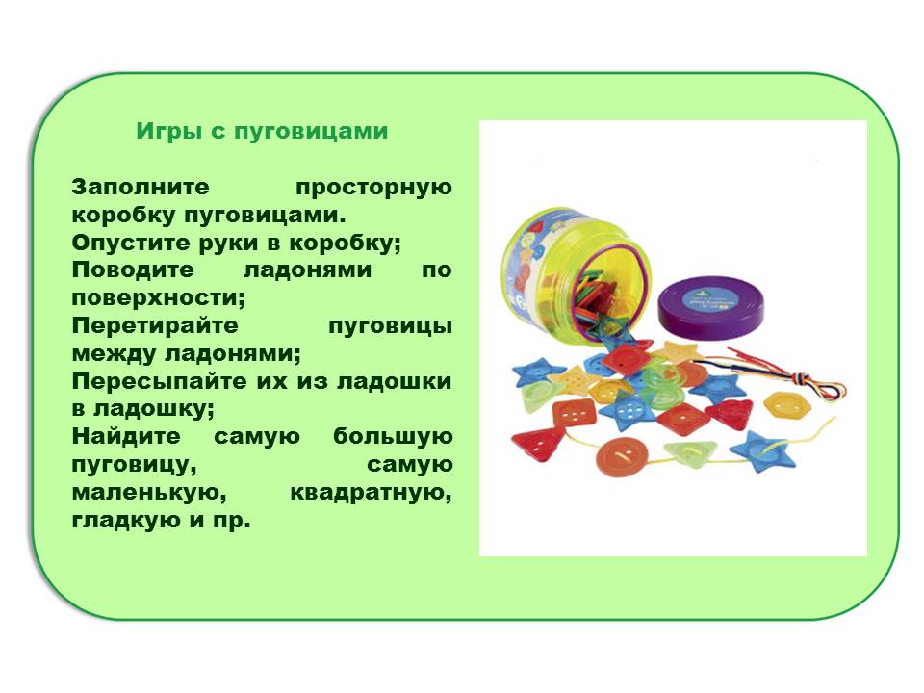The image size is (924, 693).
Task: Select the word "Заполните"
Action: (141, 187)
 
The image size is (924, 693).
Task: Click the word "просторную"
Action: (373, 189)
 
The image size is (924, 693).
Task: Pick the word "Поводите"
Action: (133, 269)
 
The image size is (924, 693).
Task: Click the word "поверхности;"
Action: (158, 298)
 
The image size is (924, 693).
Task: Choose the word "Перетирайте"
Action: (155, 326)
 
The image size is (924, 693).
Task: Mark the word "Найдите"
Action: (126, 437)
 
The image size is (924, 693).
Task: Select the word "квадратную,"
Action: (372, 493)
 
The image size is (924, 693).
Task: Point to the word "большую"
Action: (393, 438)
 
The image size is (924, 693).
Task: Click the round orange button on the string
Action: (622, 456)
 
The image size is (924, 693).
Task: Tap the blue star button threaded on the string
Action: (763, 451)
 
